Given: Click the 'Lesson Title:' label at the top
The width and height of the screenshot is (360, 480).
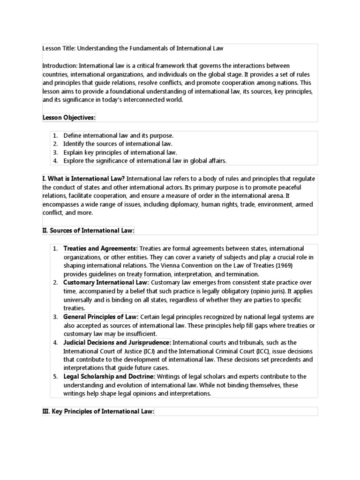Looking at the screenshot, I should click(x=58, y=48).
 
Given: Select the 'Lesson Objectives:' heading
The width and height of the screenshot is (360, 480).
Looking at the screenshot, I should click(x=68, y=117).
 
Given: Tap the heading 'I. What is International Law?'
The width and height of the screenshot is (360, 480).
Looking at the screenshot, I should click(x=83, y=179).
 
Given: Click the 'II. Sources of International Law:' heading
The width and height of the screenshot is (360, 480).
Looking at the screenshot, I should click(x=88, y=230).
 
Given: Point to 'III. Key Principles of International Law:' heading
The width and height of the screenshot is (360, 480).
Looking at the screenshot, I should click(x=98, y=412).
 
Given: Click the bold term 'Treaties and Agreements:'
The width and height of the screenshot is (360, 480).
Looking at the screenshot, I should click(x=100, y=248).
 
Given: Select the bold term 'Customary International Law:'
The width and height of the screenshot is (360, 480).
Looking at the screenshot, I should click(x=106, y=283).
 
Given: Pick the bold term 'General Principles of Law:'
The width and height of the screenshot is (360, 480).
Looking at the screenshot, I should click(x=101, y=317).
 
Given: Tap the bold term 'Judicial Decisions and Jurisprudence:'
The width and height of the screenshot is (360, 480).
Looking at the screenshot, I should click(x=117, y=343).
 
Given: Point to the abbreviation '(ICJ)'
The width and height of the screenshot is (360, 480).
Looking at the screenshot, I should click(x=162, y=351).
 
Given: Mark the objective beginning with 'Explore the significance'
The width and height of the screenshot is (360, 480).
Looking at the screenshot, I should click(x=145, y=161).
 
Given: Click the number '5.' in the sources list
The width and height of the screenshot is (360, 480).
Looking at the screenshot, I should click(x=55, y=376).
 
